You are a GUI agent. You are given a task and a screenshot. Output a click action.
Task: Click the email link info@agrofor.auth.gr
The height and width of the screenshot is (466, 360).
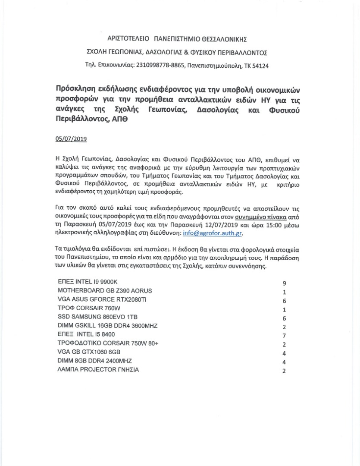(x=212, y=233)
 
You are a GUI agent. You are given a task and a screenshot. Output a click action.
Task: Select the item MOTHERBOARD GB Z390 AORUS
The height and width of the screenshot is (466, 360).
(x=105, y=290)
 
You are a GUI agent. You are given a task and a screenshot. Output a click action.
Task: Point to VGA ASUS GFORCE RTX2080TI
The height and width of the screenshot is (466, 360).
(x=102, y=299)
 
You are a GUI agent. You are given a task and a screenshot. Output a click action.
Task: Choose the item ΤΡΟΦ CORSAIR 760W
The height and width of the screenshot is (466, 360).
(x=89, y=309)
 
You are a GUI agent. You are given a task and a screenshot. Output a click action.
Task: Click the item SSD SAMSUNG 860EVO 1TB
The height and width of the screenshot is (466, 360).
(x=97, y=318)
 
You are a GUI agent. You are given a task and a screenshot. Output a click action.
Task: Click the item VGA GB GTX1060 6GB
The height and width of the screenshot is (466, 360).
(x=89, y=352)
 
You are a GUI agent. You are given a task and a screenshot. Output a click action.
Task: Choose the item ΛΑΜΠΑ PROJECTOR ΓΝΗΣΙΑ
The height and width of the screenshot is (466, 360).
(x=98, y=370)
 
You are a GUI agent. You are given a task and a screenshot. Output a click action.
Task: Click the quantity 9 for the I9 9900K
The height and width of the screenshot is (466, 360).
(x=284, y=283)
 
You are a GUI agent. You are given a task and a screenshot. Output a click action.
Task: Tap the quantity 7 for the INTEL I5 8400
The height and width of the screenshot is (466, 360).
(x=284, y=336)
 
